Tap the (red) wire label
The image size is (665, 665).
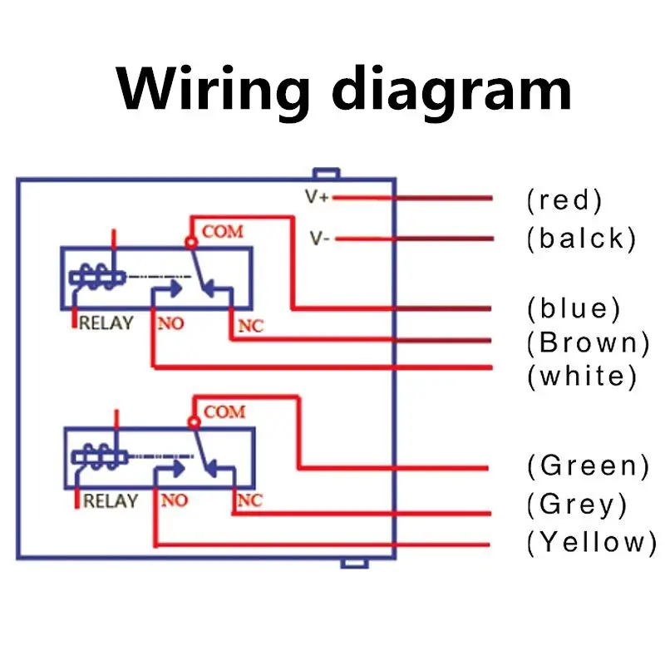tap(564, 199)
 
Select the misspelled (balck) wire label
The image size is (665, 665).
tap(581, 239)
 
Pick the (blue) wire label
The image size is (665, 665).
tap(574, 308)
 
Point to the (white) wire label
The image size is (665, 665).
tap(582, 376)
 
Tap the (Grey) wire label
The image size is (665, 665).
tap(577, 504)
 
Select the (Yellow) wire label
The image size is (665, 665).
tap(591, 542)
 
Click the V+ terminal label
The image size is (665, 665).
tap(317, 198)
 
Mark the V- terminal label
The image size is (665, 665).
tap(320, 239)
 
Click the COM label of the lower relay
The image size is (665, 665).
tap(224, 411)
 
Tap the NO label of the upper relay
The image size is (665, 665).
tap(170, 323)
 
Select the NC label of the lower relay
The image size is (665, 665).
tap(249, 500)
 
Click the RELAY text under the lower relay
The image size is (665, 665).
tap(110, 501)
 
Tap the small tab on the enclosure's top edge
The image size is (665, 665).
tap(325, 174)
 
